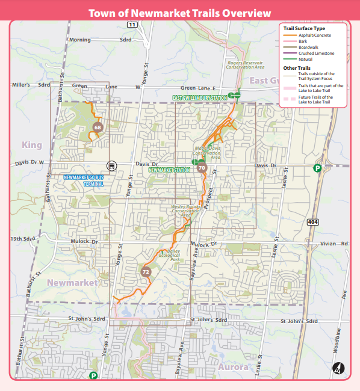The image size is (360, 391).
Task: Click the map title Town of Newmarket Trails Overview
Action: pos(180,13)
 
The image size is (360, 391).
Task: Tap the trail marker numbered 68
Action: pos(98,127)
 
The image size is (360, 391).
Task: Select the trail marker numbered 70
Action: pos(202,168)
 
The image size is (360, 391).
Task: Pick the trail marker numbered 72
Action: pos(146,272)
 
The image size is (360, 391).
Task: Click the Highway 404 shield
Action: pos(312,223)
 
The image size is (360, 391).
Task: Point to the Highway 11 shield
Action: pos(132,23)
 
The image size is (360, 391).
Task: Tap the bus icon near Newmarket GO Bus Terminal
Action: pos(111,165)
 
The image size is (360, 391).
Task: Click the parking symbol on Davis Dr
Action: pos(317,168)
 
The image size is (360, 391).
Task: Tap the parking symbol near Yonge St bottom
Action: pos(93,375)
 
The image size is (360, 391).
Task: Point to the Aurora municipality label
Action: pos(233,366)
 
